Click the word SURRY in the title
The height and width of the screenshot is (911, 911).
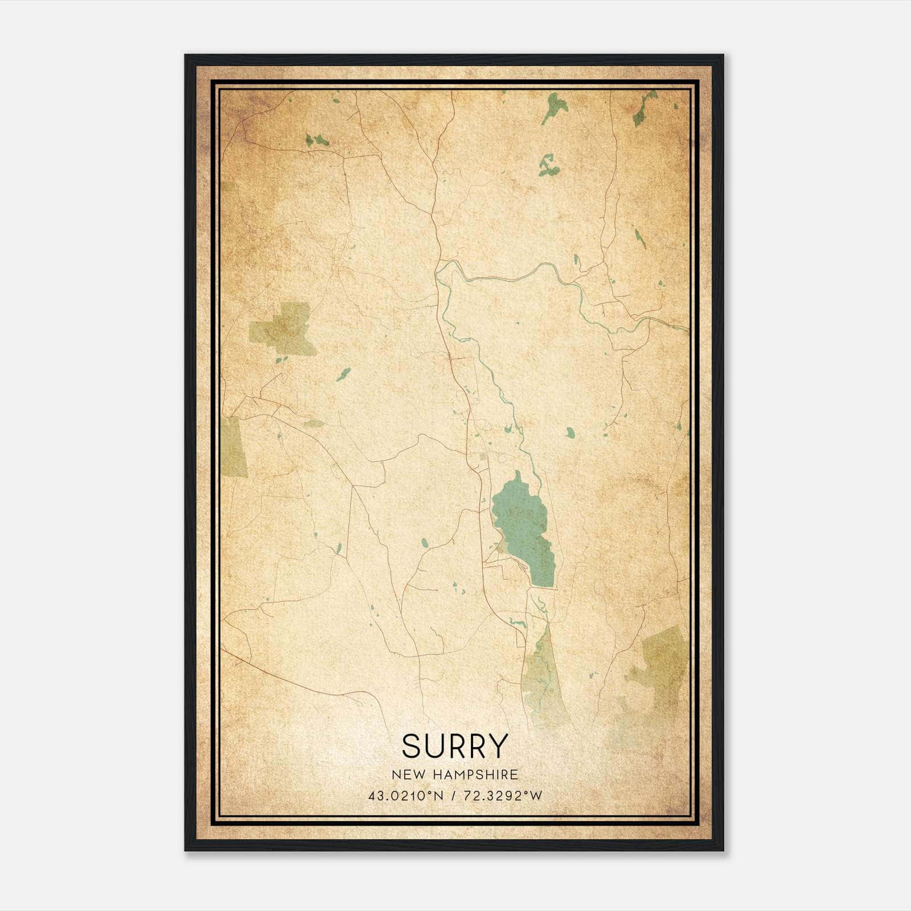click(454, 746)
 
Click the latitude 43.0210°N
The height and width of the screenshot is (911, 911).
click(405, 796)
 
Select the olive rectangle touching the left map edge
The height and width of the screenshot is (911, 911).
click(233, 447)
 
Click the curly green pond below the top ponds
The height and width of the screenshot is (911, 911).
click(548, 166)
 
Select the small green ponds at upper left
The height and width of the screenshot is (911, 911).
click(317, 139)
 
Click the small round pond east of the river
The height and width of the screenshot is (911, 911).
click(570, 433)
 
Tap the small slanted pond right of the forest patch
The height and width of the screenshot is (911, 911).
click(343, 374)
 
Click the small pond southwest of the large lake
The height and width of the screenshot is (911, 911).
click(424, 542)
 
